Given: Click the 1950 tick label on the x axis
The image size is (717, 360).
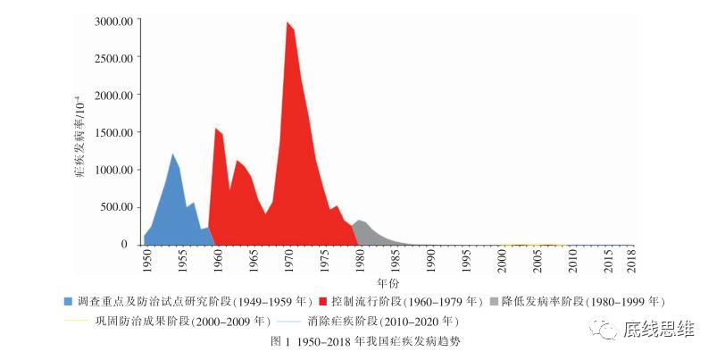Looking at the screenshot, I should pyautogui.click(x=146, y=261).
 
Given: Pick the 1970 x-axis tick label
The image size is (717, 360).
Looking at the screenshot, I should pyautogui.click(x=289, y=261).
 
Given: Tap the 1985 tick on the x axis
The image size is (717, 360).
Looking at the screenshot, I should pyautogui.click(x=396, y=261).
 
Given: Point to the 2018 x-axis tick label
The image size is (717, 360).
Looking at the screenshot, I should pyautogui.click(x=631, y=261).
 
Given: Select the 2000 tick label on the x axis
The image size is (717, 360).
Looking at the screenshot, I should pyautogui.click(x=503, y=261).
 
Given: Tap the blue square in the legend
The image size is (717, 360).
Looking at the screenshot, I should pyautogui.click(x=69, y=302).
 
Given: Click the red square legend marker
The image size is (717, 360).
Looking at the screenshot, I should pyautogui.click(x=322, y=302).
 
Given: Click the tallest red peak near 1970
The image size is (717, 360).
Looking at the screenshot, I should pyautogui.click(x=287, y=22).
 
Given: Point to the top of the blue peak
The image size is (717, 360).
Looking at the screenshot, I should pyautogui.click(x=173, y=155).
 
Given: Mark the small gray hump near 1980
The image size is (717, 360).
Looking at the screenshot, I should pyautogui.click(x=360, y=221).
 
